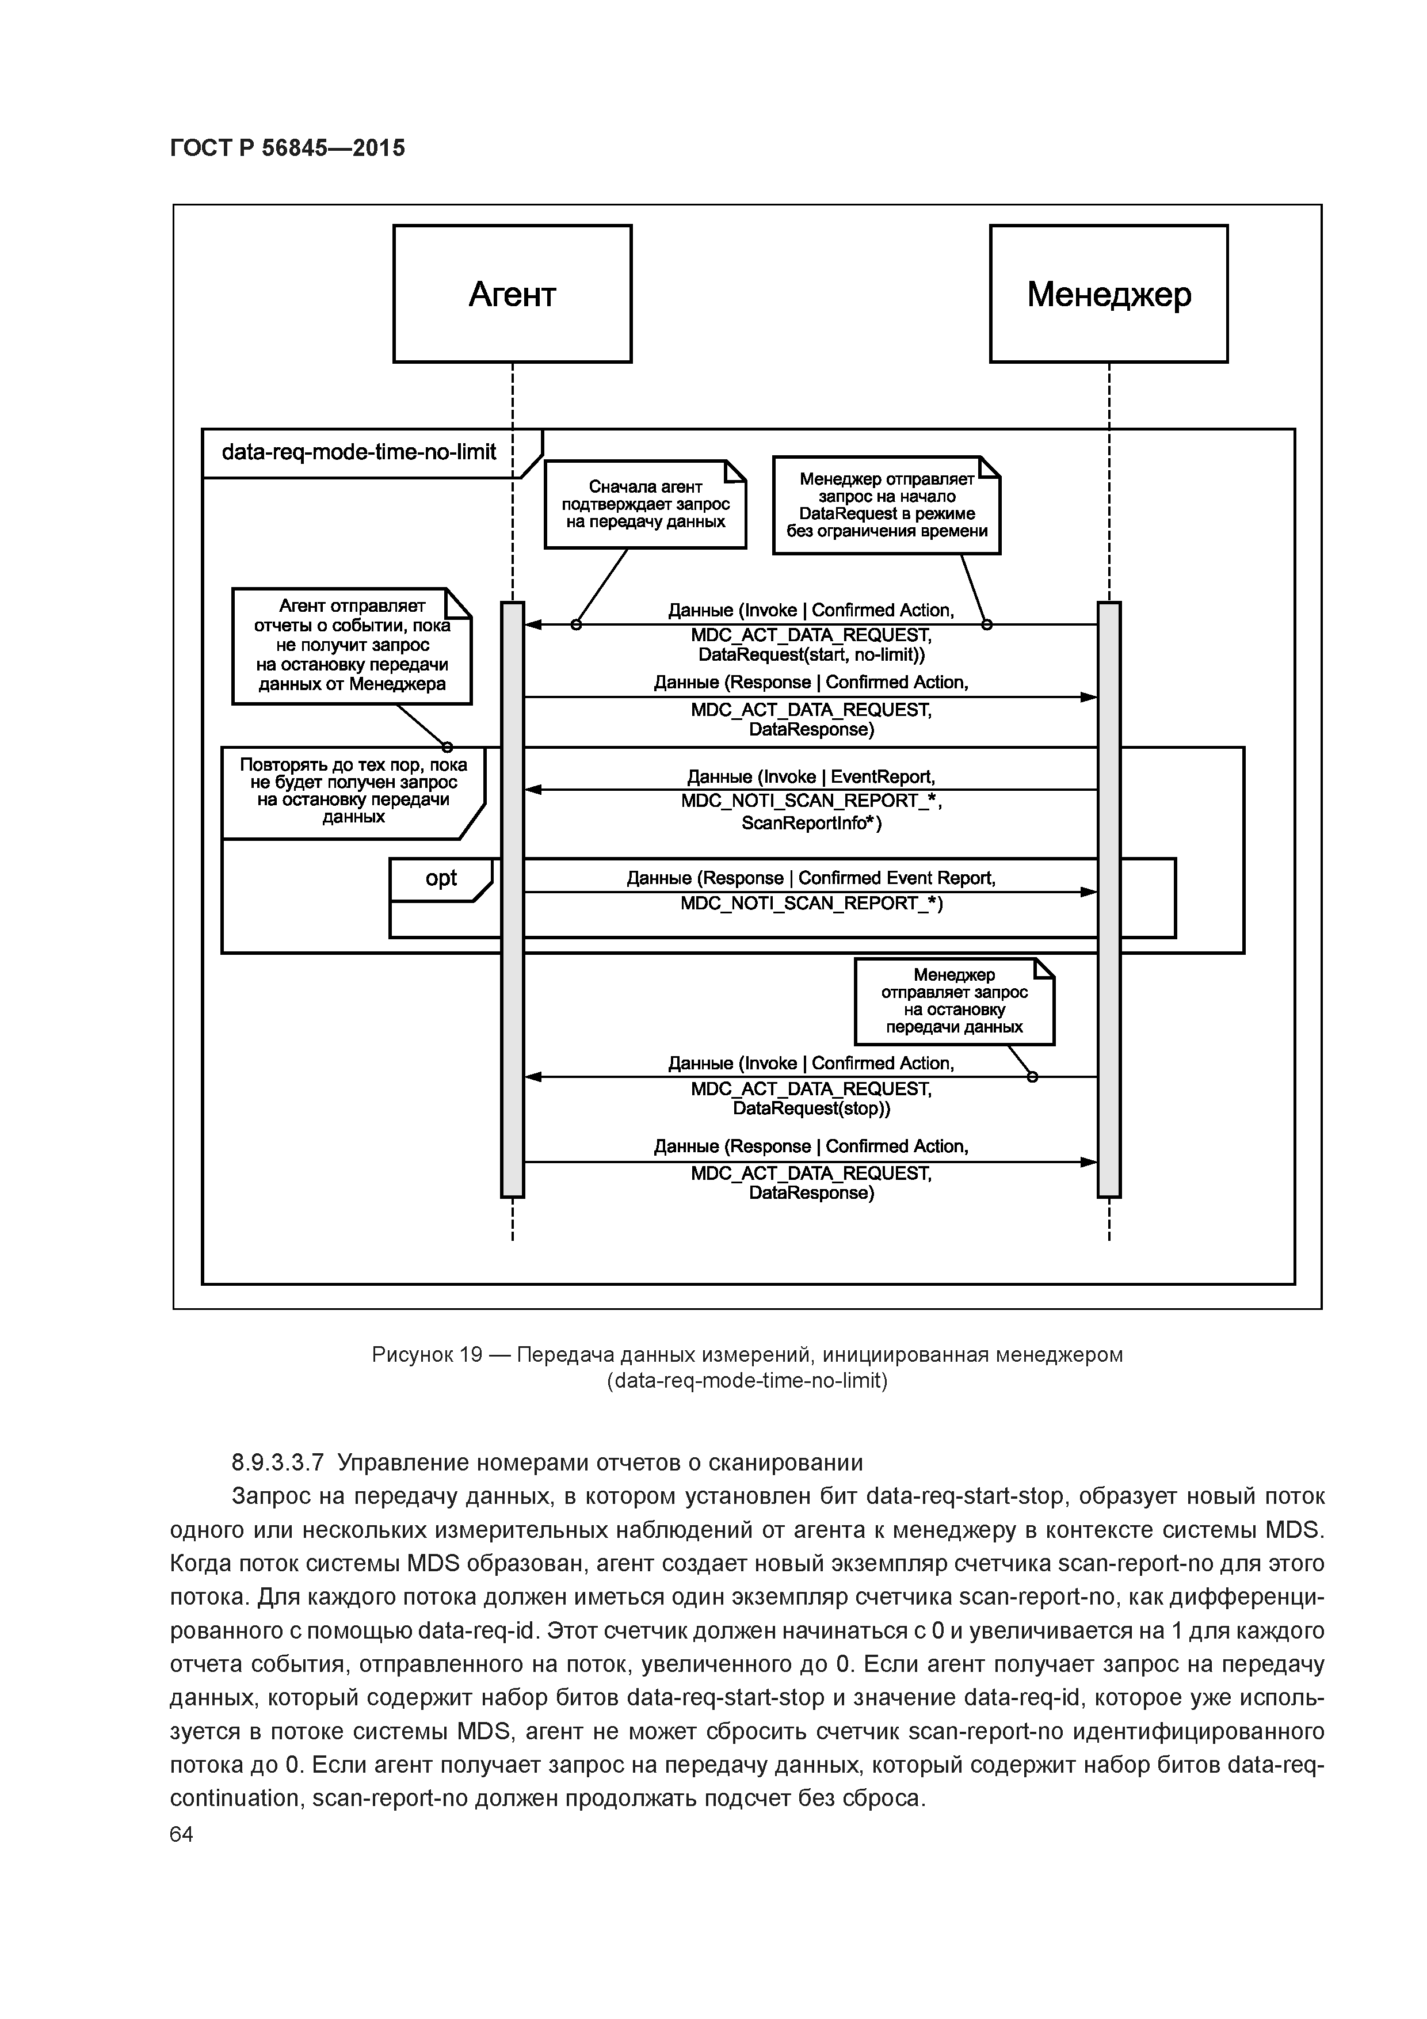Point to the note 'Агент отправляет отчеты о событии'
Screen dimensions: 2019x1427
[352, 645]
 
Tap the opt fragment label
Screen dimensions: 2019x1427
[441, 878]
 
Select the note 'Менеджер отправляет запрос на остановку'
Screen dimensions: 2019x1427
[954, 1001]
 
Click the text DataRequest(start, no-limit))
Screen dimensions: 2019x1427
[811, 655]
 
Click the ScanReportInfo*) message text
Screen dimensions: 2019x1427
[811, 823]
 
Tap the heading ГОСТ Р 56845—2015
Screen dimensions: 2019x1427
[287, 148]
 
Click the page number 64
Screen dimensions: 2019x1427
[181, 1834]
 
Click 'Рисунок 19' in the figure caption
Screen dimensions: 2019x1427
[426, 1355]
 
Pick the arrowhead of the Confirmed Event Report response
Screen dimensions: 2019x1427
[1089, 892]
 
